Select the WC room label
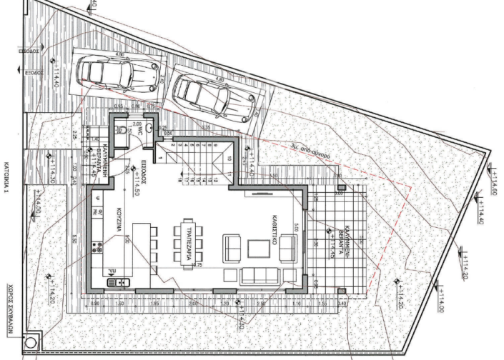(x=142, y=129)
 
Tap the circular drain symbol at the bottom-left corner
(x=31, y=341)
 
